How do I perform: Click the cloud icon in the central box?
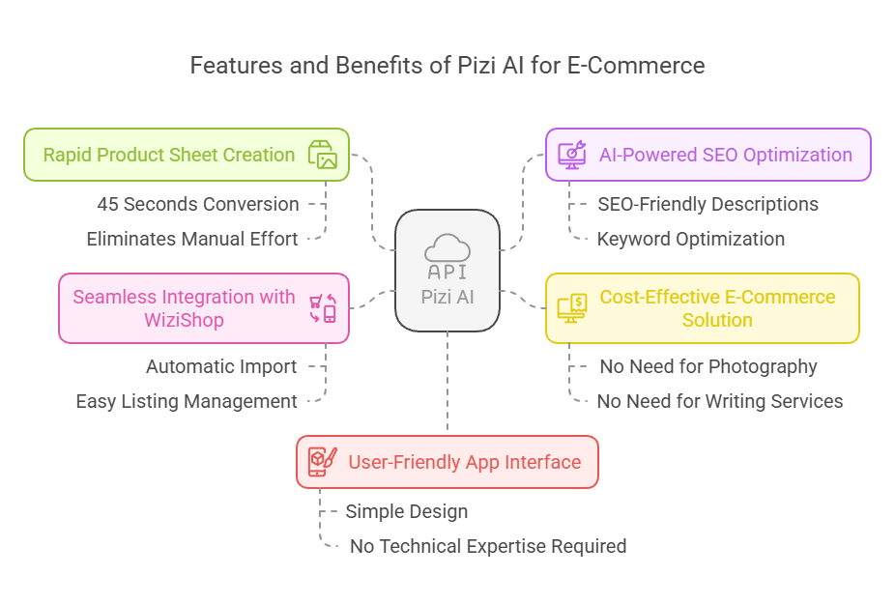tap(447, 248)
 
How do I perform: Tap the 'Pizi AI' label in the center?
tap(447, 297)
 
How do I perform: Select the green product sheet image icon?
tap(323, 155)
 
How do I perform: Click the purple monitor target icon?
tap(572, 155)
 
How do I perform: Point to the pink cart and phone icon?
tap(323, 308)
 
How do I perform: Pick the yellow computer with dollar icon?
tap(572, 308)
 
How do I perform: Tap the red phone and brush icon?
tap(323, 462)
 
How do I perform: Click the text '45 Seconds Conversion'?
tap(198, 204)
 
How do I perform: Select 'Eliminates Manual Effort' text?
tap(192, 239)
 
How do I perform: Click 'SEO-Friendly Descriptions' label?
tap(707, 204)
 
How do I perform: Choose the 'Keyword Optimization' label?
tap(691, 239)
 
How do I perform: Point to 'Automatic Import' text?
tap(221, 366)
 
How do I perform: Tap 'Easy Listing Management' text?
tap(187, 401)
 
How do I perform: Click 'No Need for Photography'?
tap(708, 366)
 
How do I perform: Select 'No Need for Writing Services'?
tap(720, 401)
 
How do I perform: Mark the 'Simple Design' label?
tap(406, 511)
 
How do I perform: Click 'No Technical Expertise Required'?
tap(488, 546)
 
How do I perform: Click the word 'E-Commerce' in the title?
tap(636, 66)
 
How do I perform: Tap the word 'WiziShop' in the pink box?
tap(184, 320)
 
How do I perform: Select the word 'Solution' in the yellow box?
tap(717, 320)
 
